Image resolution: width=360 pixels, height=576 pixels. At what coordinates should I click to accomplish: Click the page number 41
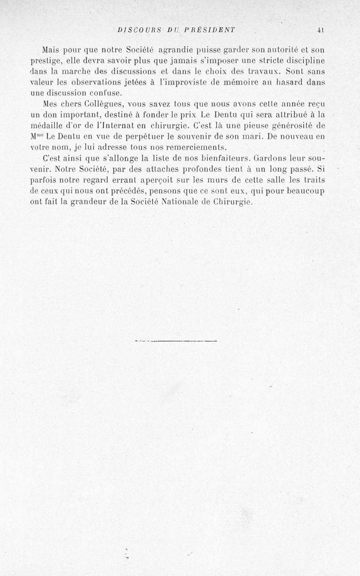320,30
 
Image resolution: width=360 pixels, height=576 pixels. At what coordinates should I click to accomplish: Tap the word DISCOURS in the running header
136,30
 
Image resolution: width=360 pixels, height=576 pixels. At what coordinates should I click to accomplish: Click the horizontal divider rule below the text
176,341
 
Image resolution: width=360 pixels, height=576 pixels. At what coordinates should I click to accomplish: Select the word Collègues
99,104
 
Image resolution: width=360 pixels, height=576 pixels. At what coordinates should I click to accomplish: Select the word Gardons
270,159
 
